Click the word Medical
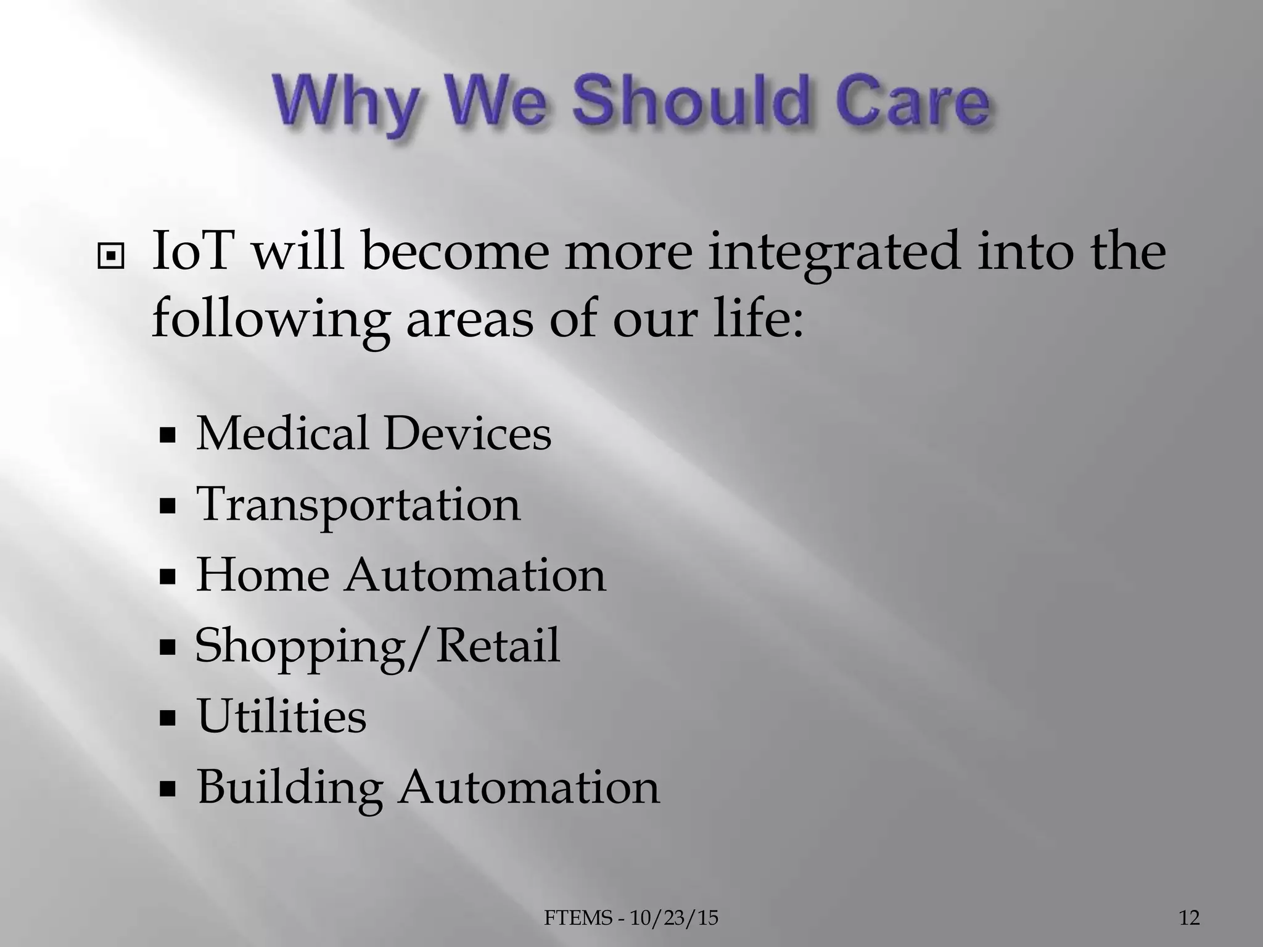pos(282,433)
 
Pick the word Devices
pos(467,433)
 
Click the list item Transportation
pos(358,504)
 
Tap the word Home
pos(263,575)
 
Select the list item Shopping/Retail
pos(377,646)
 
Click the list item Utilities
pos(281,716)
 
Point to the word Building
pos(289,787)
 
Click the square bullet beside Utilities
pos(167,718)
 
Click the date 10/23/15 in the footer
pos(675,918)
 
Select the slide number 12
pos(1190,918)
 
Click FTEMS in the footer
pos(578,918)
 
